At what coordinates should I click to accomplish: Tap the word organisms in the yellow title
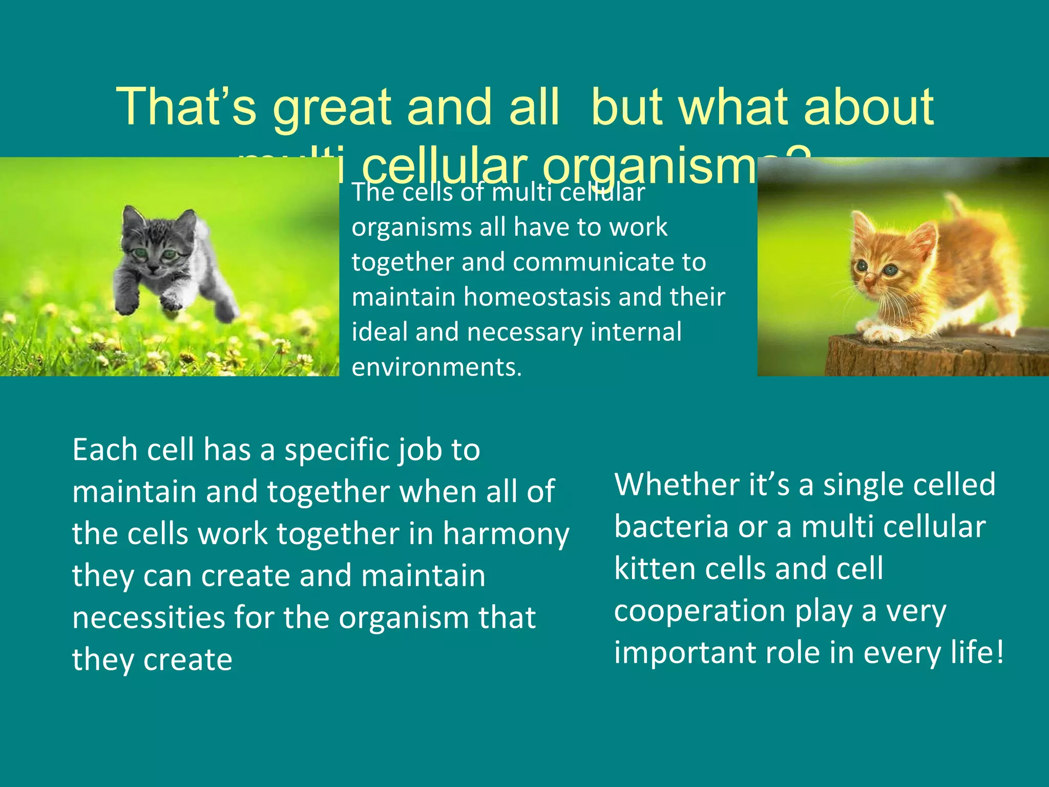(651, 167)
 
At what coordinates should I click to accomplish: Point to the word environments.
(436, 367)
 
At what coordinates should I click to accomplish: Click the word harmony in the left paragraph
(506, 534)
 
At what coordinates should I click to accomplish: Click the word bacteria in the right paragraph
(670, 527)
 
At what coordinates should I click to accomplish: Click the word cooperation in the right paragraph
(700, 611)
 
